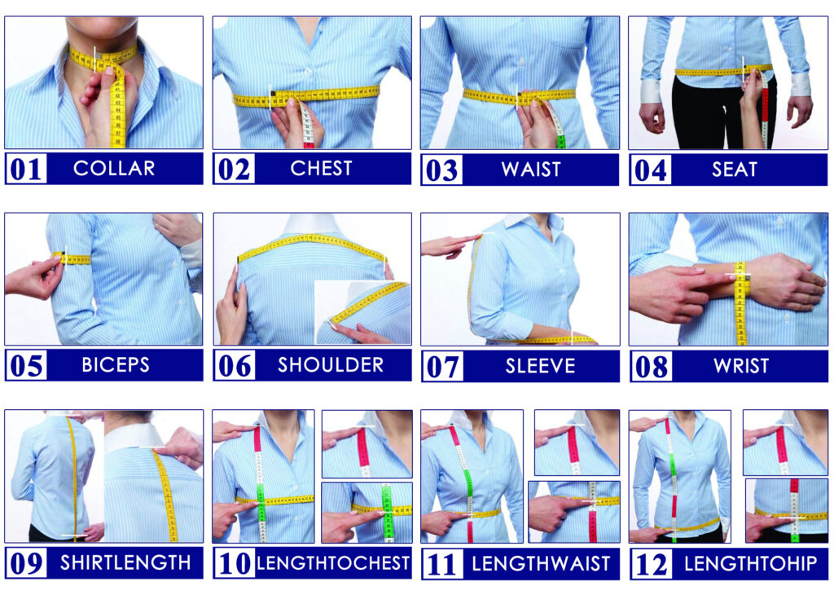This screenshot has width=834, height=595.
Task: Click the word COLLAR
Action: click(x=114, y=168)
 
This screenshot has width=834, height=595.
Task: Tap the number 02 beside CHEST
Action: click(x=234, y=170)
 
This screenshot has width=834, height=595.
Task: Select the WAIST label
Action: click(x=531, y=170)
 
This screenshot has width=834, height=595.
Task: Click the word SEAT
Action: click(x=734, y=170)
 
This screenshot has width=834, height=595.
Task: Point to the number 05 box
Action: click(x=26, y=365)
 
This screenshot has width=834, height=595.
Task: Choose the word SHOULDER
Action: click(x=331, y=365)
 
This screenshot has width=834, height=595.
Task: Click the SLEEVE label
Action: click(x=541, y=366)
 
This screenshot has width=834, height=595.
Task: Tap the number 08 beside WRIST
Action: click(x=651, y=367)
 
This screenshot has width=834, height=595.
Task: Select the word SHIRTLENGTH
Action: click(x=125, y=562)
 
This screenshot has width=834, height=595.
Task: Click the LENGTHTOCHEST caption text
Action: click(x=333, y=563)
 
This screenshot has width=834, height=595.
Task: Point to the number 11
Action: click(x=441, y=564)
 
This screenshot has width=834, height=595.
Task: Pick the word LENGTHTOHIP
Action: click(x=750, y=563)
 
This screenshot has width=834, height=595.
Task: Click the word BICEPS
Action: click(x=116, y=365)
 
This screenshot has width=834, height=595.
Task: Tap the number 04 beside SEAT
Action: click(x=650, y=170)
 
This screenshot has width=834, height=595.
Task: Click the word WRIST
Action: click(x=741, y=366)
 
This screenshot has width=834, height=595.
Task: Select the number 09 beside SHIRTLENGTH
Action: click(x=26, y=563)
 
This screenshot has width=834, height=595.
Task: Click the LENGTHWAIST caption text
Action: click(x=541, y=564)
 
